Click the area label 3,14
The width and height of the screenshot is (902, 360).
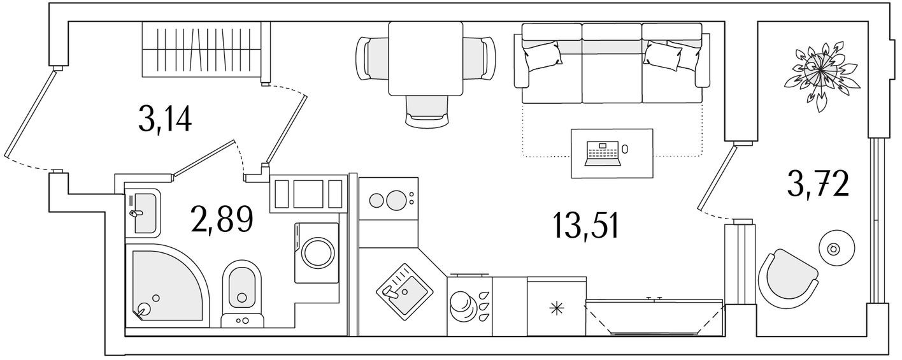click(x=164, y=119)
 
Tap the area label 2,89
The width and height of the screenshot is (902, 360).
click(x=222, y=219)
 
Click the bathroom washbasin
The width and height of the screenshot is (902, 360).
click(x=143, y=213)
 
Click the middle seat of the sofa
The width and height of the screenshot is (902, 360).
click(x=612, y=70)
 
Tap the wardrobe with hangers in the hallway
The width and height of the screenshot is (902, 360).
click(x=201, y=52)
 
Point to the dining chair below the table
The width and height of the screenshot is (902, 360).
click(x=426, y=109)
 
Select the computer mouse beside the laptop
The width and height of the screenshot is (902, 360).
click(x=625, y=148)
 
